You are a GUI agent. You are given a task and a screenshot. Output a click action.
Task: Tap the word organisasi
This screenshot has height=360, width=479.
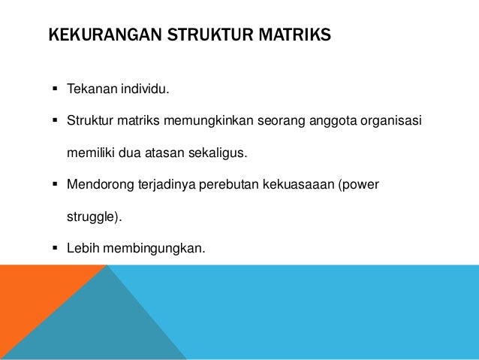click(392, 120)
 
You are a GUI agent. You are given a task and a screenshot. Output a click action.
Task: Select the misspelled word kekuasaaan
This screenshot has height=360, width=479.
click(297, 183)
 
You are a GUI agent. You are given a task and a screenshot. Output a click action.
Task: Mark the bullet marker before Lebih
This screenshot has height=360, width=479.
click(56, 246)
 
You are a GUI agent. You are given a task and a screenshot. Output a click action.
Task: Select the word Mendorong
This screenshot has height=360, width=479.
click(97, 183)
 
